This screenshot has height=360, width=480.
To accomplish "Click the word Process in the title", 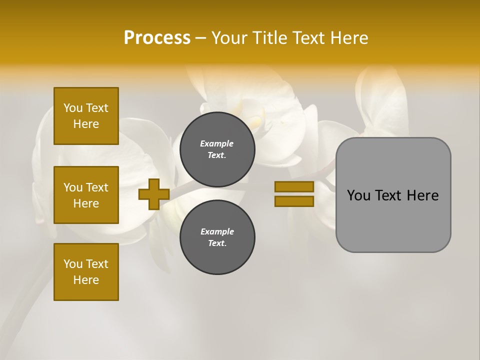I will [157, 38].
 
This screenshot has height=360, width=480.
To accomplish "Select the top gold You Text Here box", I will [86, 116].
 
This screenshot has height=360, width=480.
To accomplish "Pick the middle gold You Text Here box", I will [86, 195].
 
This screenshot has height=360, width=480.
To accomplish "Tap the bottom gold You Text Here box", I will [86, 272].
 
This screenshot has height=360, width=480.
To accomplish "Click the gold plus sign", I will [154, 194].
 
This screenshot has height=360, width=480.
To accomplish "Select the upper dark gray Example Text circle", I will [217, 149].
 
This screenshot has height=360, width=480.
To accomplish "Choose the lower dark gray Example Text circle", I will [217, 237].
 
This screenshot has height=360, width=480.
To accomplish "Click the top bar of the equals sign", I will [294, 187].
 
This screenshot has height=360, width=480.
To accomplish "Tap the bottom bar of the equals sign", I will [294, 201].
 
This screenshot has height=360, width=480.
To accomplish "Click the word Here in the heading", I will [350, 38].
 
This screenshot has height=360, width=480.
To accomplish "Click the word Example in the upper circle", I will [217, 143].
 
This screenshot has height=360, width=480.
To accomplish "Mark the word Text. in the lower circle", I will [217, 243].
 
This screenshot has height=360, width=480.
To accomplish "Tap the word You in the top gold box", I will [72, 108].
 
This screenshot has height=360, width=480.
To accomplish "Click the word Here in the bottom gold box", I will [86, 280].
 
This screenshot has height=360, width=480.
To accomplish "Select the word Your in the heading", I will [230, 38].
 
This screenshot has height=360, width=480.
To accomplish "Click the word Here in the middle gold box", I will [86, 203].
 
